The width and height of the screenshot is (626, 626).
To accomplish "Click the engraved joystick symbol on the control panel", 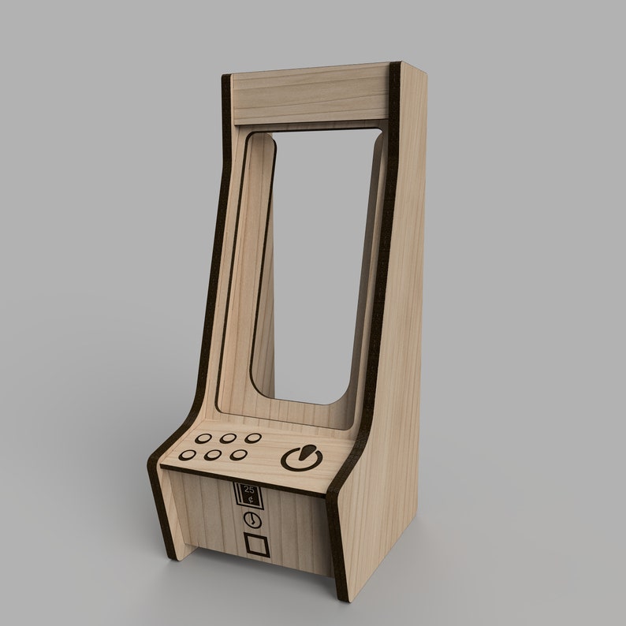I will [300, 458].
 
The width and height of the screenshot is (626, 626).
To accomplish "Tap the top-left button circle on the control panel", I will [203, 439].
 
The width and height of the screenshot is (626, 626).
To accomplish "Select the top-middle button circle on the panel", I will [229, 438].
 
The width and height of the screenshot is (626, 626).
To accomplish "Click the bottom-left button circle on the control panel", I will [190, 456].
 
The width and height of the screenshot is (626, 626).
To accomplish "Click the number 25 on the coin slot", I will [250, 489].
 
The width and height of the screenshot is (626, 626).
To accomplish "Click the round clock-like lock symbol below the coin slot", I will [252, 520].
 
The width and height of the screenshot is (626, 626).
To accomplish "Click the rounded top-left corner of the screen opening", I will [256, 140].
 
